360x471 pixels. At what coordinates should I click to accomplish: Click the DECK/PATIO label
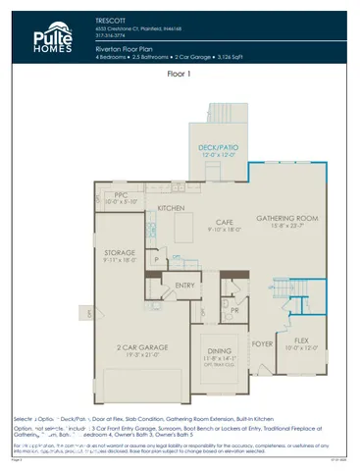click(218, 148)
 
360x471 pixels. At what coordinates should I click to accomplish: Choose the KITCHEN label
click(172, 209)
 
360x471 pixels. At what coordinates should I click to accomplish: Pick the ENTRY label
click(185, 287)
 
